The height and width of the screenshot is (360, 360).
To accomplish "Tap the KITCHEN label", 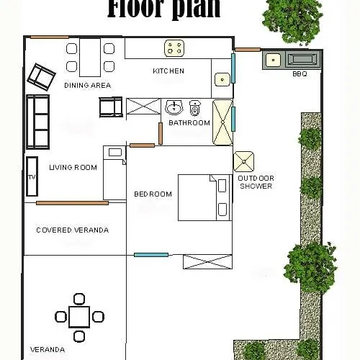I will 168,71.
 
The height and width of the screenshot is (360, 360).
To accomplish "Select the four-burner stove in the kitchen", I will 174,48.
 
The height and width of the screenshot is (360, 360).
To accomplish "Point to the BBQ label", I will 300,73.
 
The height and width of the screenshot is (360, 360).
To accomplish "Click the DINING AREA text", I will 87,85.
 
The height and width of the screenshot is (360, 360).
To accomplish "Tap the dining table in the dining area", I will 89,58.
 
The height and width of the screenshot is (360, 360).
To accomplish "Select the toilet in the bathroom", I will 194,109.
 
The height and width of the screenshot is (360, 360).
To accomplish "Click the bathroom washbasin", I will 174,109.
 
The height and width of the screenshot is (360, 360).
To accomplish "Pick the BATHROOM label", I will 189,123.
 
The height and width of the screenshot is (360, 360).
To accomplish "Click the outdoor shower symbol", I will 243,161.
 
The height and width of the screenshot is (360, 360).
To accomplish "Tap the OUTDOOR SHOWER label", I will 256,181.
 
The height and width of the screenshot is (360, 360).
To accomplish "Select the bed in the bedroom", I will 203,197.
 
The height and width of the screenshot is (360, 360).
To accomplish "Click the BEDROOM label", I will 153,194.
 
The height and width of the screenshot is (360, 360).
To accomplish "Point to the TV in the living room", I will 31,176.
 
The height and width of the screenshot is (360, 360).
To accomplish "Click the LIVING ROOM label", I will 73,168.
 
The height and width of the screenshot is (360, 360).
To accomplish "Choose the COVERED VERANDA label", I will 72,230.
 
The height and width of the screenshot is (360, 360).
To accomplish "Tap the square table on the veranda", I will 79,316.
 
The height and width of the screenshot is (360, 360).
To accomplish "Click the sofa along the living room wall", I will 37,121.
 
